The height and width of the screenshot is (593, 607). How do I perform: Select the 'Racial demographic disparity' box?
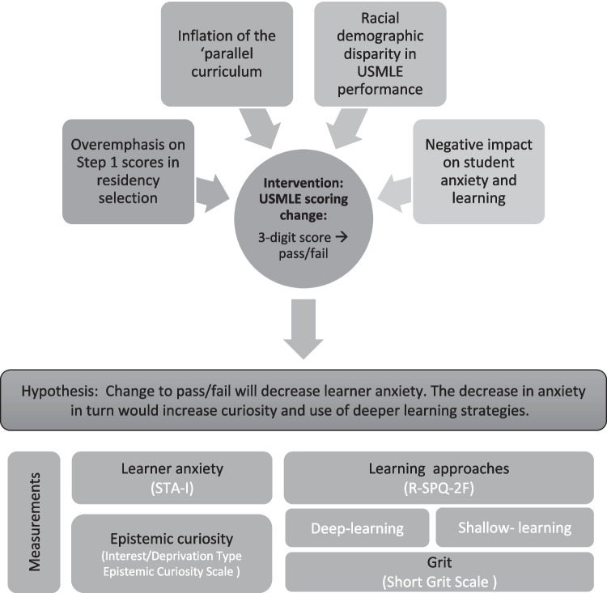coord(379,53)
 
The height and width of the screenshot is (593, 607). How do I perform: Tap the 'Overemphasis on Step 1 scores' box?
coord(129,172)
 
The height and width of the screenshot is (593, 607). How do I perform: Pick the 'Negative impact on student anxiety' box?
coord(478,172)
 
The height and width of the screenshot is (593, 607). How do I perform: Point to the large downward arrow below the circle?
coord(303,328)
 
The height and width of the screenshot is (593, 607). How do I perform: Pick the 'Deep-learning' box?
coord(357,528)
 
